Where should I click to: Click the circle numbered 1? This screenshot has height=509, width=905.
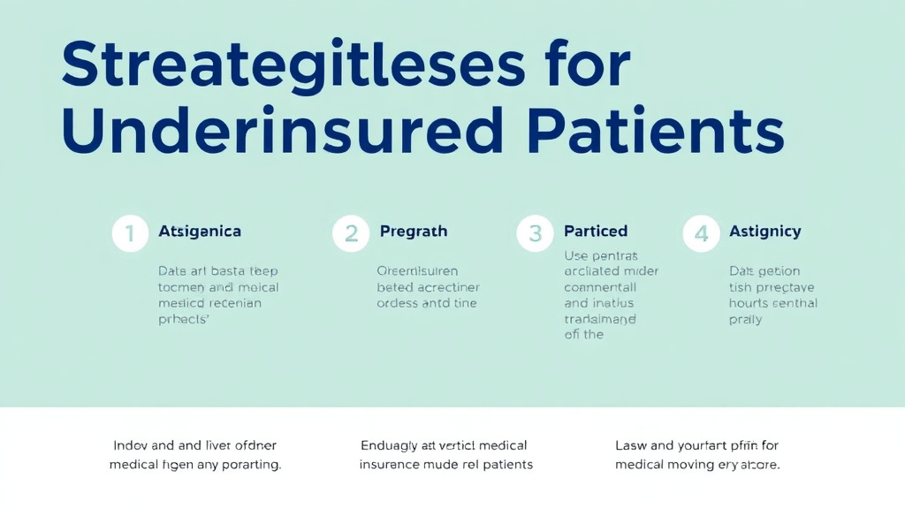tap(130, 234)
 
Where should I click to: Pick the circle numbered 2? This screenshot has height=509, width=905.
tap(351, 234)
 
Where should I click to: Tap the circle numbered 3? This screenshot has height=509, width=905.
tap(535, 234)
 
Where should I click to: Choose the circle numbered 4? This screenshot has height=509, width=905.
tap(702, 234)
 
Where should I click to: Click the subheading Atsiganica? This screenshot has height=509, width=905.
tap(200, 232)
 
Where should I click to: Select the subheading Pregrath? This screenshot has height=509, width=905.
tap(414, 232)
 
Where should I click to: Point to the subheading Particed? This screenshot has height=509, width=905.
tap(596, 232)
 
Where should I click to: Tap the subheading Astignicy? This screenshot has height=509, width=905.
tap(765, 232)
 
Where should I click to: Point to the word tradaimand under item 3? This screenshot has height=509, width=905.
tap(601, 319)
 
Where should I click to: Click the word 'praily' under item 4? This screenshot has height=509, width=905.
tap(745, 320)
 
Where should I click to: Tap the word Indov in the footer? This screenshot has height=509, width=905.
tap(131, 445)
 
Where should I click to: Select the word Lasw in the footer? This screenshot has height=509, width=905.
tap(632, 445)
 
